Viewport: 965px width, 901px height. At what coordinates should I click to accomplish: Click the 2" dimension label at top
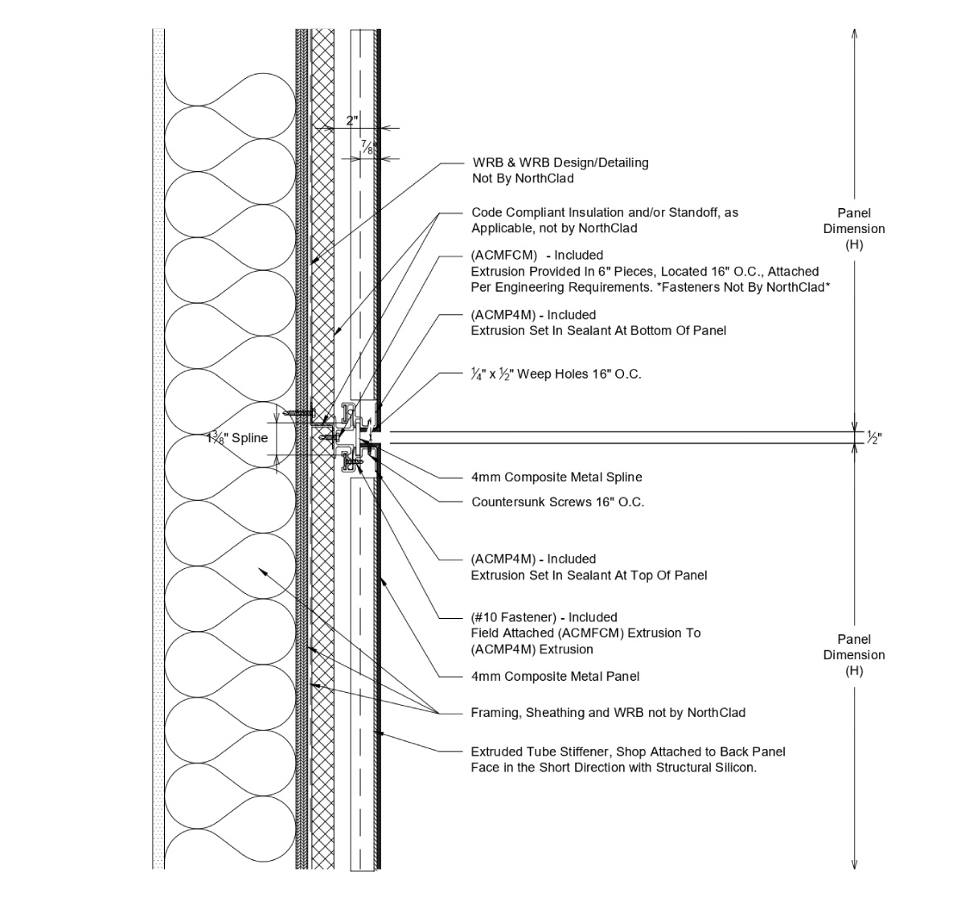pyautogui.click(x=351, y=121)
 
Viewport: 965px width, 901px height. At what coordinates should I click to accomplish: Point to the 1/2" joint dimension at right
pyautogui.click(x=873, y=438)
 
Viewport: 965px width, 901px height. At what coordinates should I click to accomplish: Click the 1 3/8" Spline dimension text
pyautogui.click(x=236, y=439)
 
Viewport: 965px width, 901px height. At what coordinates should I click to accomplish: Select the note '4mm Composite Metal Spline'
pyautogui.click(x=556, y=477)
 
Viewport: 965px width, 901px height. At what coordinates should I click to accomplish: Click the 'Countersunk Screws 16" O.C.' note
pyautogui.click(x=557, y=502)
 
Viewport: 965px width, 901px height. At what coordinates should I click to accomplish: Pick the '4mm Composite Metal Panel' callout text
pyautogui.click(x=555, y=677)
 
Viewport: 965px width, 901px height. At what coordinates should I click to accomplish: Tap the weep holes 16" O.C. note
pyautogui.click(x=556, y=374)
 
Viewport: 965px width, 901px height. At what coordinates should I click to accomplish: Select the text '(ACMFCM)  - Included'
pyautogui.click(x=536, y=256)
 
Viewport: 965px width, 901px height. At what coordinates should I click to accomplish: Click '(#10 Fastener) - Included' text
pyautogui.click(x=544, y=617)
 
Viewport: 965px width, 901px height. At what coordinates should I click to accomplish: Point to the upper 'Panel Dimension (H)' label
pyautogui.click(x=854, y=228)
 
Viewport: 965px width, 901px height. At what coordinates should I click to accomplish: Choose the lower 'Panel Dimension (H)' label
pyautogui.click(x=854, y=654)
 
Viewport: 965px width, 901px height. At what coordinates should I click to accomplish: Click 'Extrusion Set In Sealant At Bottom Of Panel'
pyautogui.click(x=598, y=330)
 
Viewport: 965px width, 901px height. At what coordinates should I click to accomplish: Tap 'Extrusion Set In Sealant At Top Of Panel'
pyautogui.click(x=589, y=575)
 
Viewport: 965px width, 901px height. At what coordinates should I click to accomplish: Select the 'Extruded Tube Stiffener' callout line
pyautogui.click(x=627, y=752)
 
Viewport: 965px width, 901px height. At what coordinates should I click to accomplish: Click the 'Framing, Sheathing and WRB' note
pyautogui.click(x=607, y=713)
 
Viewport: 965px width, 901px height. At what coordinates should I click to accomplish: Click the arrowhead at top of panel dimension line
pyautogui.click(x=854, y=34)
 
